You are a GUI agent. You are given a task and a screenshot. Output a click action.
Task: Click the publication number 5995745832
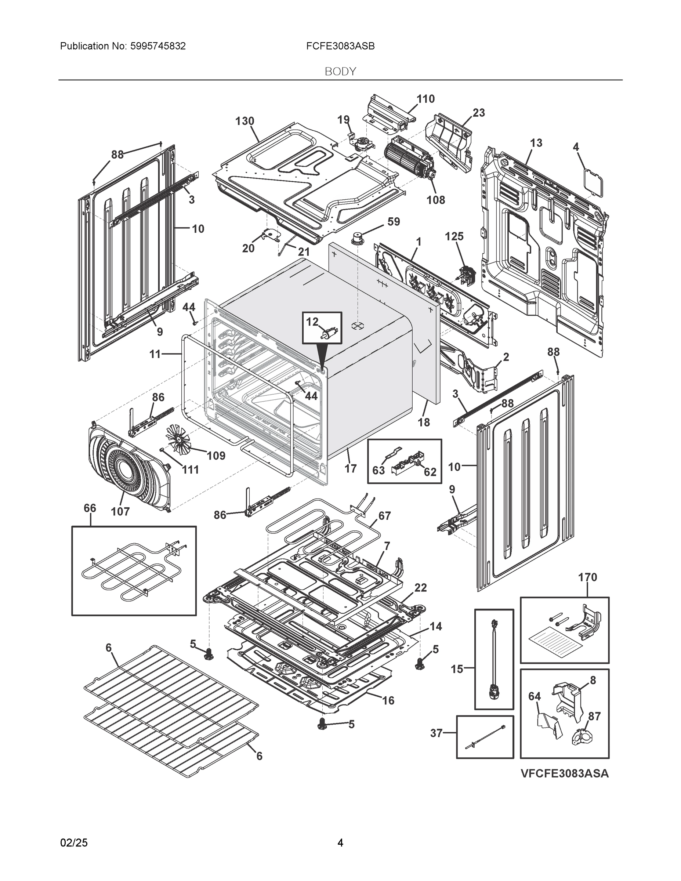tap(158, 46)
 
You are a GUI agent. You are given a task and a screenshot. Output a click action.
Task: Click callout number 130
tap(244, 121)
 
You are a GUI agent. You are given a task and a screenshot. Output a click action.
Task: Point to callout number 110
tap(425, 99)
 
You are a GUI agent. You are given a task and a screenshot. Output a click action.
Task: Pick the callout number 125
tap(454, 236)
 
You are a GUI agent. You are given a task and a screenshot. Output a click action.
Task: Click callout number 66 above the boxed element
tap(90, 508)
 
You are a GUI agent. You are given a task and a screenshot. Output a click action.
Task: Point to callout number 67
tap(384, 515)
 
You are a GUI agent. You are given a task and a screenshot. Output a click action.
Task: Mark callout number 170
tap(587, 577)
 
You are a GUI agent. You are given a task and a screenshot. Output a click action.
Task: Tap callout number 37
tap(436, 733)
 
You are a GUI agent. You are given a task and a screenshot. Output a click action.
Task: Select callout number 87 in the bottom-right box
tap(594, 716)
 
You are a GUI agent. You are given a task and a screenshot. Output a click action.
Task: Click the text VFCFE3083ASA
tap(564, 773)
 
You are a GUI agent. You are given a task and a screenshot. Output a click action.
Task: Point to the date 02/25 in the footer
tap(74, 843)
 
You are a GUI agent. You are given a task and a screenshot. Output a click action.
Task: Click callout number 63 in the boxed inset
tap(378, 470)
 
